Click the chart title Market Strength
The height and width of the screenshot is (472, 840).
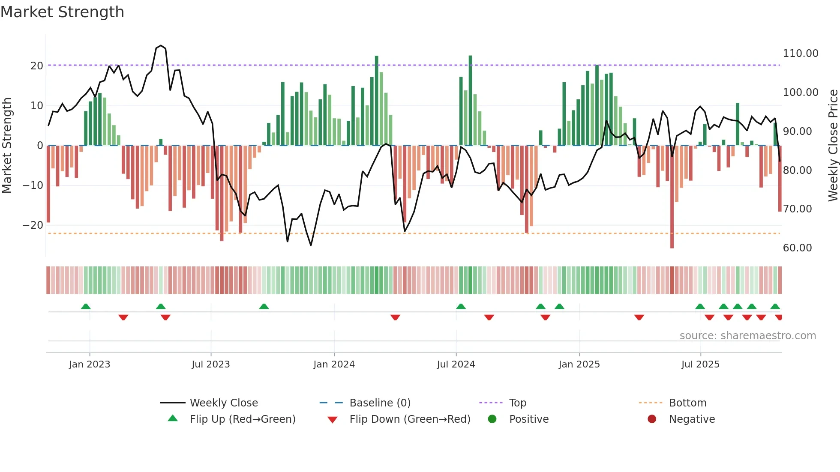coord(62,12)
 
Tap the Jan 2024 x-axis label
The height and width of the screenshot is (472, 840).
coord(334,364)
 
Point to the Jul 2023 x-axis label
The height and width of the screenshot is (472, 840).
coord(210,364)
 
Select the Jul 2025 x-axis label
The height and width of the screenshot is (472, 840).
coord(700,364)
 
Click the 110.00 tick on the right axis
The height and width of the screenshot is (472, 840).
coord(800,54)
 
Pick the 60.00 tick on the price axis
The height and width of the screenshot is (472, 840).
coord(797,248)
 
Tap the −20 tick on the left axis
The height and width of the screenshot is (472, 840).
coord(33,225)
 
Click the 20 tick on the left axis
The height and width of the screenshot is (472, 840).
coord(36,66)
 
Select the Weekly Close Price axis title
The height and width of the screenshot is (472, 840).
coord(833,146)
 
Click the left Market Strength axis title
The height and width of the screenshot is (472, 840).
coord(7,146)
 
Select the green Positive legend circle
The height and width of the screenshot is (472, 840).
coord(492,419)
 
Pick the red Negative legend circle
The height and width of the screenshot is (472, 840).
coord(652,419)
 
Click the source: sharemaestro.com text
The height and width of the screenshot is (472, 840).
coord(747,336)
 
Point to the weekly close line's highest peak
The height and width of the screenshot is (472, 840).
coord(161,45)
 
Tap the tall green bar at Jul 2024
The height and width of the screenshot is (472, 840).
coord(470,101)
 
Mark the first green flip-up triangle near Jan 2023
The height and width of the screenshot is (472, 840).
coord(86,306)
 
